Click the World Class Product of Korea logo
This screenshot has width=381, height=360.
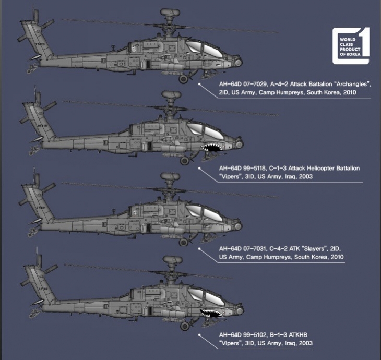tap(351, 46)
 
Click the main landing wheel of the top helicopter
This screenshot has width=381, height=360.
tap(184, 79)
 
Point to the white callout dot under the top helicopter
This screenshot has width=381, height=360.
tap(200, 82)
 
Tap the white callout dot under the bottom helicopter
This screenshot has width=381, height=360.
tap(200, 329)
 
